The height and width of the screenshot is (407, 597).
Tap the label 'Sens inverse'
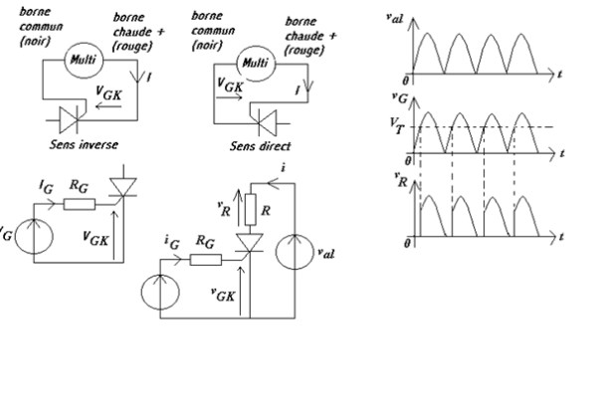point(84,144)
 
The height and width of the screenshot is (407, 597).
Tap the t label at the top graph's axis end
point(562,72)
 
